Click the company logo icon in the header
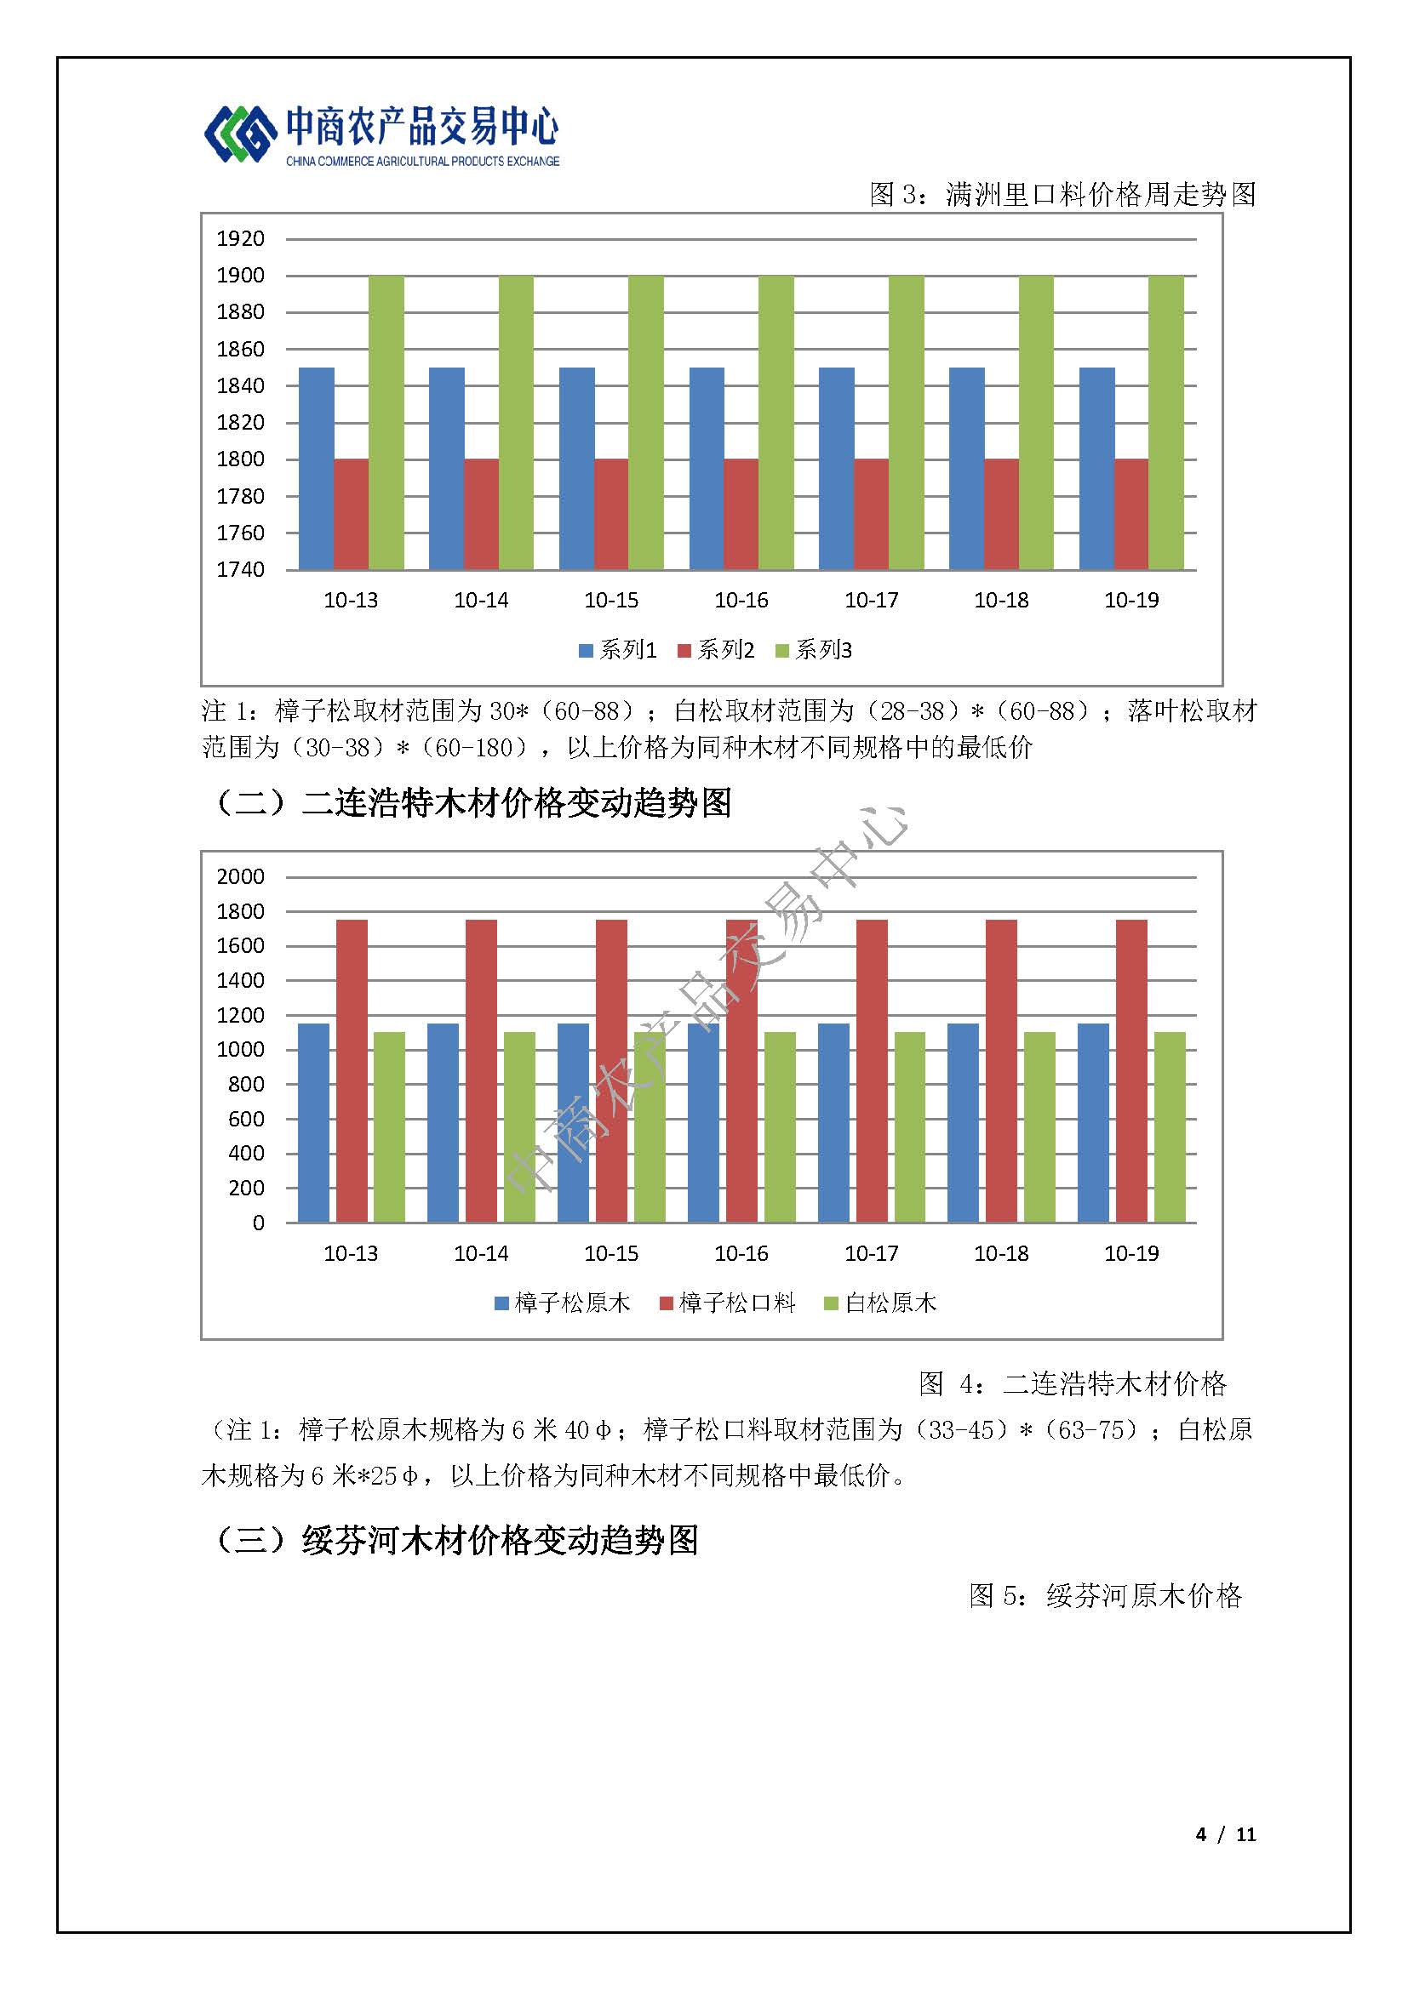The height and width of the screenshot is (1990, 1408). (235, 134)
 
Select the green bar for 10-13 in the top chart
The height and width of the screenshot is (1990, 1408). (386, 422)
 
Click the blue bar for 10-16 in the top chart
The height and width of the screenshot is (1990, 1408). (707, 468)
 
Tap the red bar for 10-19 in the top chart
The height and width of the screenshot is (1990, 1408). (1131, 514)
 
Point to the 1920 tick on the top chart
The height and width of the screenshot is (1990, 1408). (240, 238)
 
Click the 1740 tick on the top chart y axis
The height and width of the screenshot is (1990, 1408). (240, 569)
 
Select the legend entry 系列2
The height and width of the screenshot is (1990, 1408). (716, 650)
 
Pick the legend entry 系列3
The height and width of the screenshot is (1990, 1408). (814, 650)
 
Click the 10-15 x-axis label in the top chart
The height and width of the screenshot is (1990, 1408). (611, 600)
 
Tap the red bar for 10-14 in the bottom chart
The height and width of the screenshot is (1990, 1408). (481, 1071)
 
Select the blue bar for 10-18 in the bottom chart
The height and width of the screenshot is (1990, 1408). (964, 1123)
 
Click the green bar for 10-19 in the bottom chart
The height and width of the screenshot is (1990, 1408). (1170, 1127)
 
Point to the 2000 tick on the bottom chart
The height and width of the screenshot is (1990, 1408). (240, 876)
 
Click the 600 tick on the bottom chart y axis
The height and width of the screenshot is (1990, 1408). (246, 1119)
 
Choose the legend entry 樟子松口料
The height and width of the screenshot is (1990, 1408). (727, 1303)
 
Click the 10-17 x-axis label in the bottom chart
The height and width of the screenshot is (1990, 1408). (872, 1253)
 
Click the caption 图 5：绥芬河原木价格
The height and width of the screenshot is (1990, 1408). (1106, 1595)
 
